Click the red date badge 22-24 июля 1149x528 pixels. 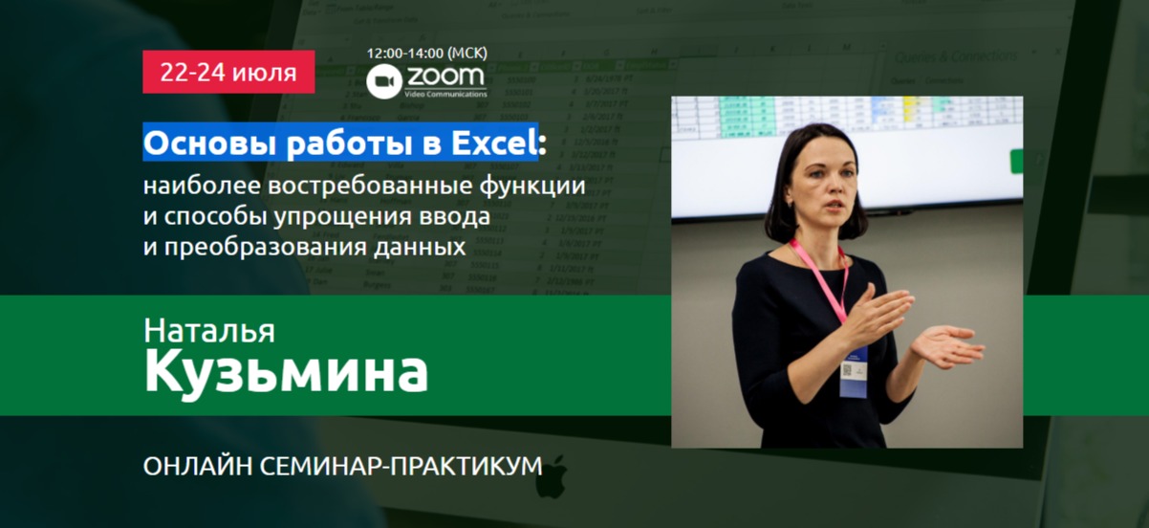click(x=228, y=72)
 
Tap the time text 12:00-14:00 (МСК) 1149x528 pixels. click(x=426, y=53)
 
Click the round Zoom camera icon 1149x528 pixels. click(x=383, y=81)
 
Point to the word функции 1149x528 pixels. click(x=532, y=186)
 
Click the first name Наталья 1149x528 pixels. click(x=209, y=331)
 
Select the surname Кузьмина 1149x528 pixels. click(x=286, y=372)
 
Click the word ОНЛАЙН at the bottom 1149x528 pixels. click(x=198, y=466)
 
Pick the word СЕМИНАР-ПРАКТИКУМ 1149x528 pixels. click(x=401, y=466)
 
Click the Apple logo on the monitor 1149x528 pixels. click(x=553, y=476)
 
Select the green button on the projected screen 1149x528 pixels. click(x=1015, y=162)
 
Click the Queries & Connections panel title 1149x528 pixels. click(x=955, y=56)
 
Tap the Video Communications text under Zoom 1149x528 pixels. click(x=445, y=94)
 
